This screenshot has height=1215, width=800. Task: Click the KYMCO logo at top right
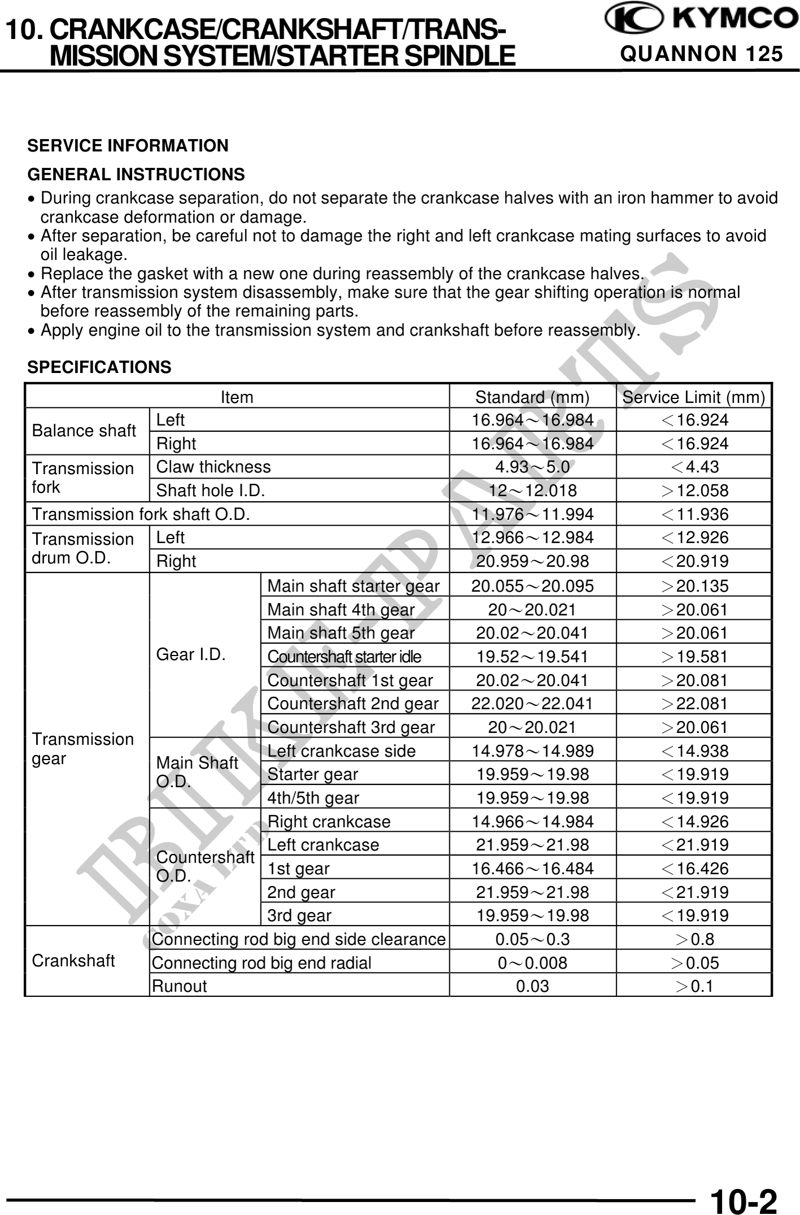pos(701,19)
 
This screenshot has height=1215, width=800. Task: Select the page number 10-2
pos(744,1200)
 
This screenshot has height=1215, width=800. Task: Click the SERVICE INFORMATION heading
pos(128,146)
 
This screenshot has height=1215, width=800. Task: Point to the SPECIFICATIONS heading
pos(99,367)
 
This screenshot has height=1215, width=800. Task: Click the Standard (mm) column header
pos(532,397)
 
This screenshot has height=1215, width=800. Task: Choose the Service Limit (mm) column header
pos(693,397)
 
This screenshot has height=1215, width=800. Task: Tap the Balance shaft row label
pos(84,431)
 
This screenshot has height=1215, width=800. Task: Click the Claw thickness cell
pos(214,467)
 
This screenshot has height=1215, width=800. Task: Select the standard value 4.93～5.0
pos(532,467)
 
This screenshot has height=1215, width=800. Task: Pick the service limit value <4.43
pos(694,467)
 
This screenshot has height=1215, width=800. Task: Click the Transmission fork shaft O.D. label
pos(141,514)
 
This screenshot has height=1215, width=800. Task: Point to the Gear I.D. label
pos(191,654)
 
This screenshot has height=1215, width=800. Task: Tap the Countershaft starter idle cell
pos(344,657)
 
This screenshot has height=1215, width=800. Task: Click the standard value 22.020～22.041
pos(532,704)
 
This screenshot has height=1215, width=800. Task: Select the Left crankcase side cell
pos(341,751)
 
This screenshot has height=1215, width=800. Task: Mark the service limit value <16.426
pos(694,869)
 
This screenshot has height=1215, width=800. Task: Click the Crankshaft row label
pos(73,961)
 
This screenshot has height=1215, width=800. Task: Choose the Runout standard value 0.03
pos(532,986)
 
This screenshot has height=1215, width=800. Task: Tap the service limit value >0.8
pos(694,939)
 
